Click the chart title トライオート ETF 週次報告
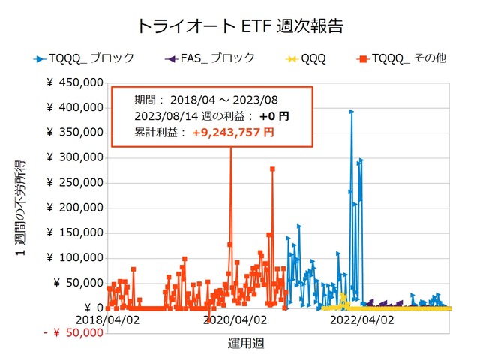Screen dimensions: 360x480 (x=240, y=26)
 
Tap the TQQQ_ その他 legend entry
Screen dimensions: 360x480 (x=400, y=58)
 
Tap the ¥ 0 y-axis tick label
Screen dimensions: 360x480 (x=88, y=307)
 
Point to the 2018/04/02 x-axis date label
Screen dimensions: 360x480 (x=106, y=319)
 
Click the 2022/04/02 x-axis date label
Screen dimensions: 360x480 (x=363, y=319)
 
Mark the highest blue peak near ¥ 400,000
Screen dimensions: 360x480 (x=351, y=112)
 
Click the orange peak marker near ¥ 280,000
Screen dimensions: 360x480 (x=272, y=169)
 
